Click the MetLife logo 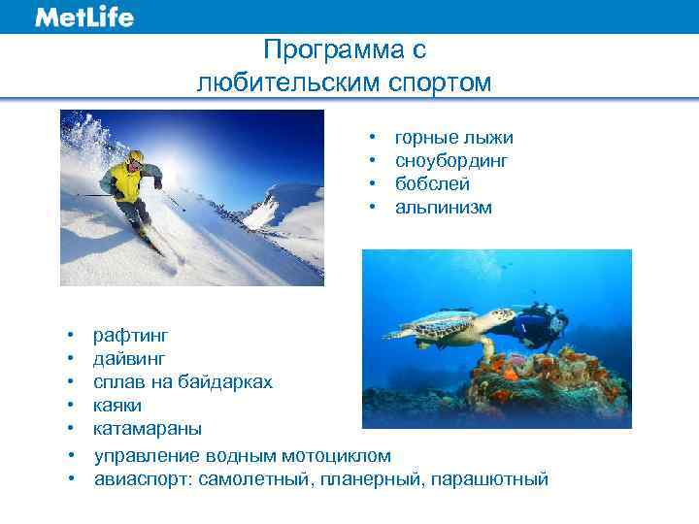pos(84,16)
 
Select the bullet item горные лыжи pos(453,138)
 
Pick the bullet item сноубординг pos(451,161)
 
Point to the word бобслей pos(432,184)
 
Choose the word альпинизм pos(443,208)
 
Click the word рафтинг pos(130,336)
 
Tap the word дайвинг pos(129,359)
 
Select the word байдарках pos(227,382)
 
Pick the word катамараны pos(148,429)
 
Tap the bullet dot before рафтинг pos(72,336)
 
